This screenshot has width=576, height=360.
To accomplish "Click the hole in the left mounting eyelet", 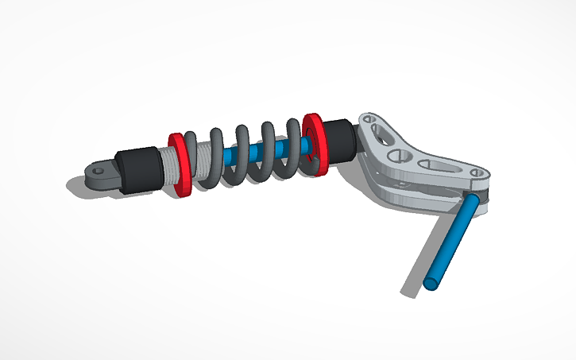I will tap(98, 168).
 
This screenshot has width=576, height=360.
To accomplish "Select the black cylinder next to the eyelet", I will tap(136, 168).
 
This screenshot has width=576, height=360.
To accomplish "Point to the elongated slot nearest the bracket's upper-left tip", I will tap(382, 131).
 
